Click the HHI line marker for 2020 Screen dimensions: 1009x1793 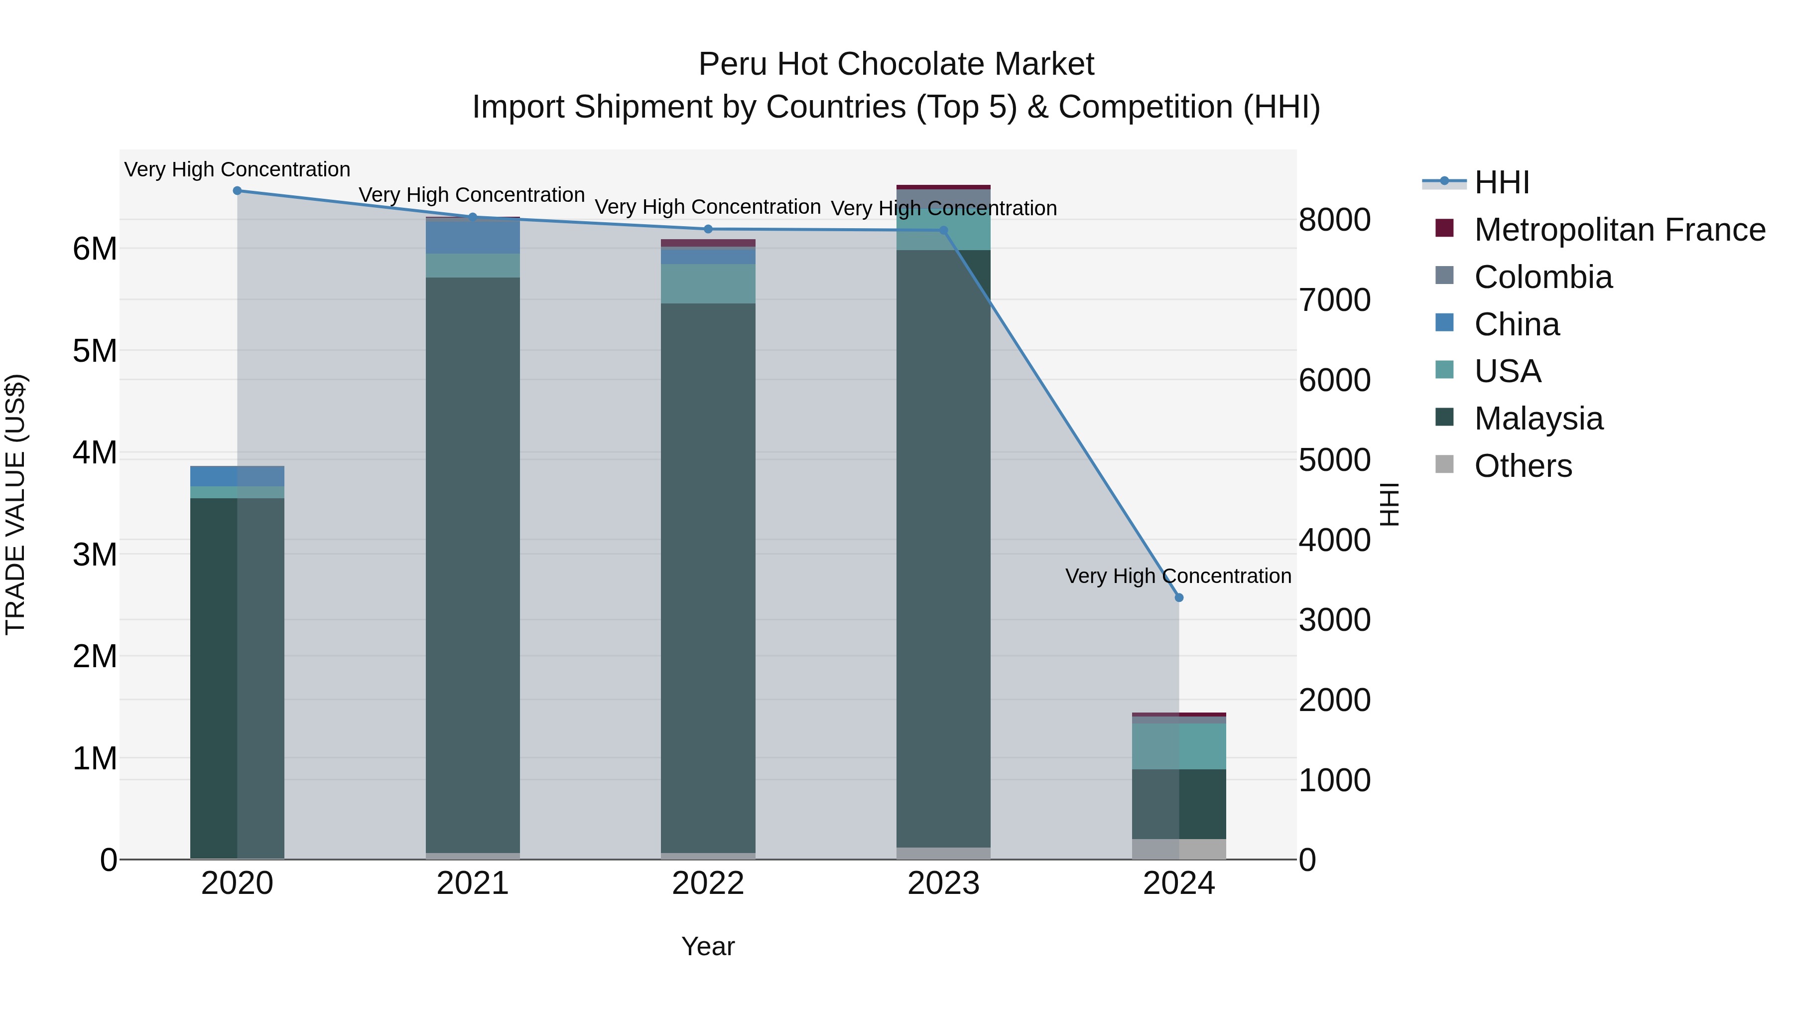click(x=238, y=190)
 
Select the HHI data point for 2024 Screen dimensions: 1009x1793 click(x=1178, y=597)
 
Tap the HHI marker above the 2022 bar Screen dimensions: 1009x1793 click(x=708, y=229)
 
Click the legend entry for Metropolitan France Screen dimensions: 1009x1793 click(x=1619, y=230)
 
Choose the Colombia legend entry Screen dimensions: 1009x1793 click(x=1542, y=277)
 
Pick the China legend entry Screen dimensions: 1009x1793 click(x=1516, y=324)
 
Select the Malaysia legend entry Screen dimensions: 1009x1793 click(x=1538, y=419)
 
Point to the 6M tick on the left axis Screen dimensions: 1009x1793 click(x=95, y=249)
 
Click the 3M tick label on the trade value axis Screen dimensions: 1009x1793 click(x=95, y=555)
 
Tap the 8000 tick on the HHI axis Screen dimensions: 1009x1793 click(x=1334, y=220)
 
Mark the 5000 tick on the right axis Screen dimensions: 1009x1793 click(x=1334, y=460)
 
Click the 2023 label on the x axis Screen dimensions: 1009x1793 click(x=943, y=883)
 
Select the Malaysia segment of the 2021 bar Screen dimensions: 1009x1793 click(x=473, y=564)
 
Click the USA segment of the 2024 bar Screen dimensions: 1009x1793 click(x=1178, y=746)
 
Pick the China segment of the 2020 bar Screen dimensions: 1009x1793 click(x=238, y=476)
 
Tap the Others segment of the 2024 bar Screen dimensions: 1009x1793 click(x=1178, y=849)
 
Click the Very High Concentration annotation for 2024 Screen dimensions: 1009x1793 click(x=1178, y=576)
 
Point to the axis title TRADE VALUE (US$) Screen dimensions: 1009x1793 click(x=15, y=504)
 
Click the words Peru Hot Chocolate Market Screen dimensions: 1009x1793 click(x=896, y=64)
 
